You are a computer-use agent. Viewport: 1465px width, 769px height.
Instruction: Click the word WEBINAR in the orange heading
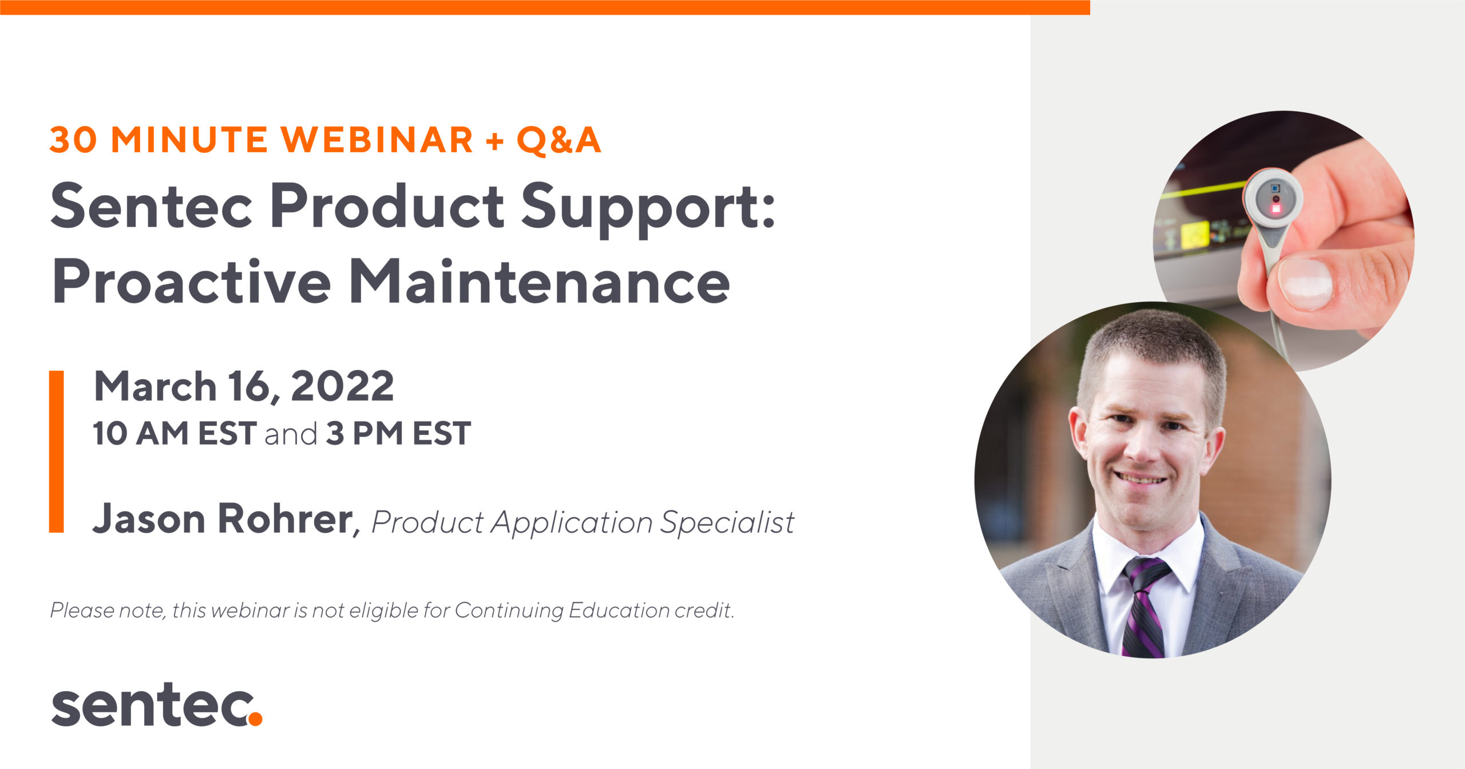click(x=378, y=140)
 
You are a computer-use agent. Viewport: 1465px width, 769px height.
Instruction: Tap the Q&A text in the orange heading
click(x=559, y=140)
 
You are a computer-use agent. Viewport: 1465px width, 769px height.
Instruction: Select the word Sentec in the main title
click(x=152, y=206)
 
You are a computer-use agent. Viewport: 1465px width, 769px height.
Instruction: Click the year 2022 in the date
click(x=342, y=386)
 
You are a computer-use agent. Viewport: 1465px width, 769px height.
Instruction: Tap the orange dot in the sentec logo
click(x=255, y=719)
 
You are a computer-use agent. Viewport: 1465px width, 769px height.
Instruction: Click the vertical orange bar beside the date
click(x=57, y=451)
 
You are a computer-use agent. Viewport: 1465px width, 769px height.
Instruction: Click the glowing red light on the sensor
click(x=1276, y=208)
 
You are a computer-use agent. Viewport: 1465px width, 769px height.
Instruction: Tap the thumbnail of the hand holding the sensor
click(x=1284, y=240)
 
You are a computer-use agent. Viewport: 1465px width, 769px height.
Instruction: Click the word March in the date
click(x=155, y=386)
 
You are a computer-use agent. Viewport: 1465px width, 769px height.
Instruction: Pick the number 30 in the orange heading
click(x=73, y=140)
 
